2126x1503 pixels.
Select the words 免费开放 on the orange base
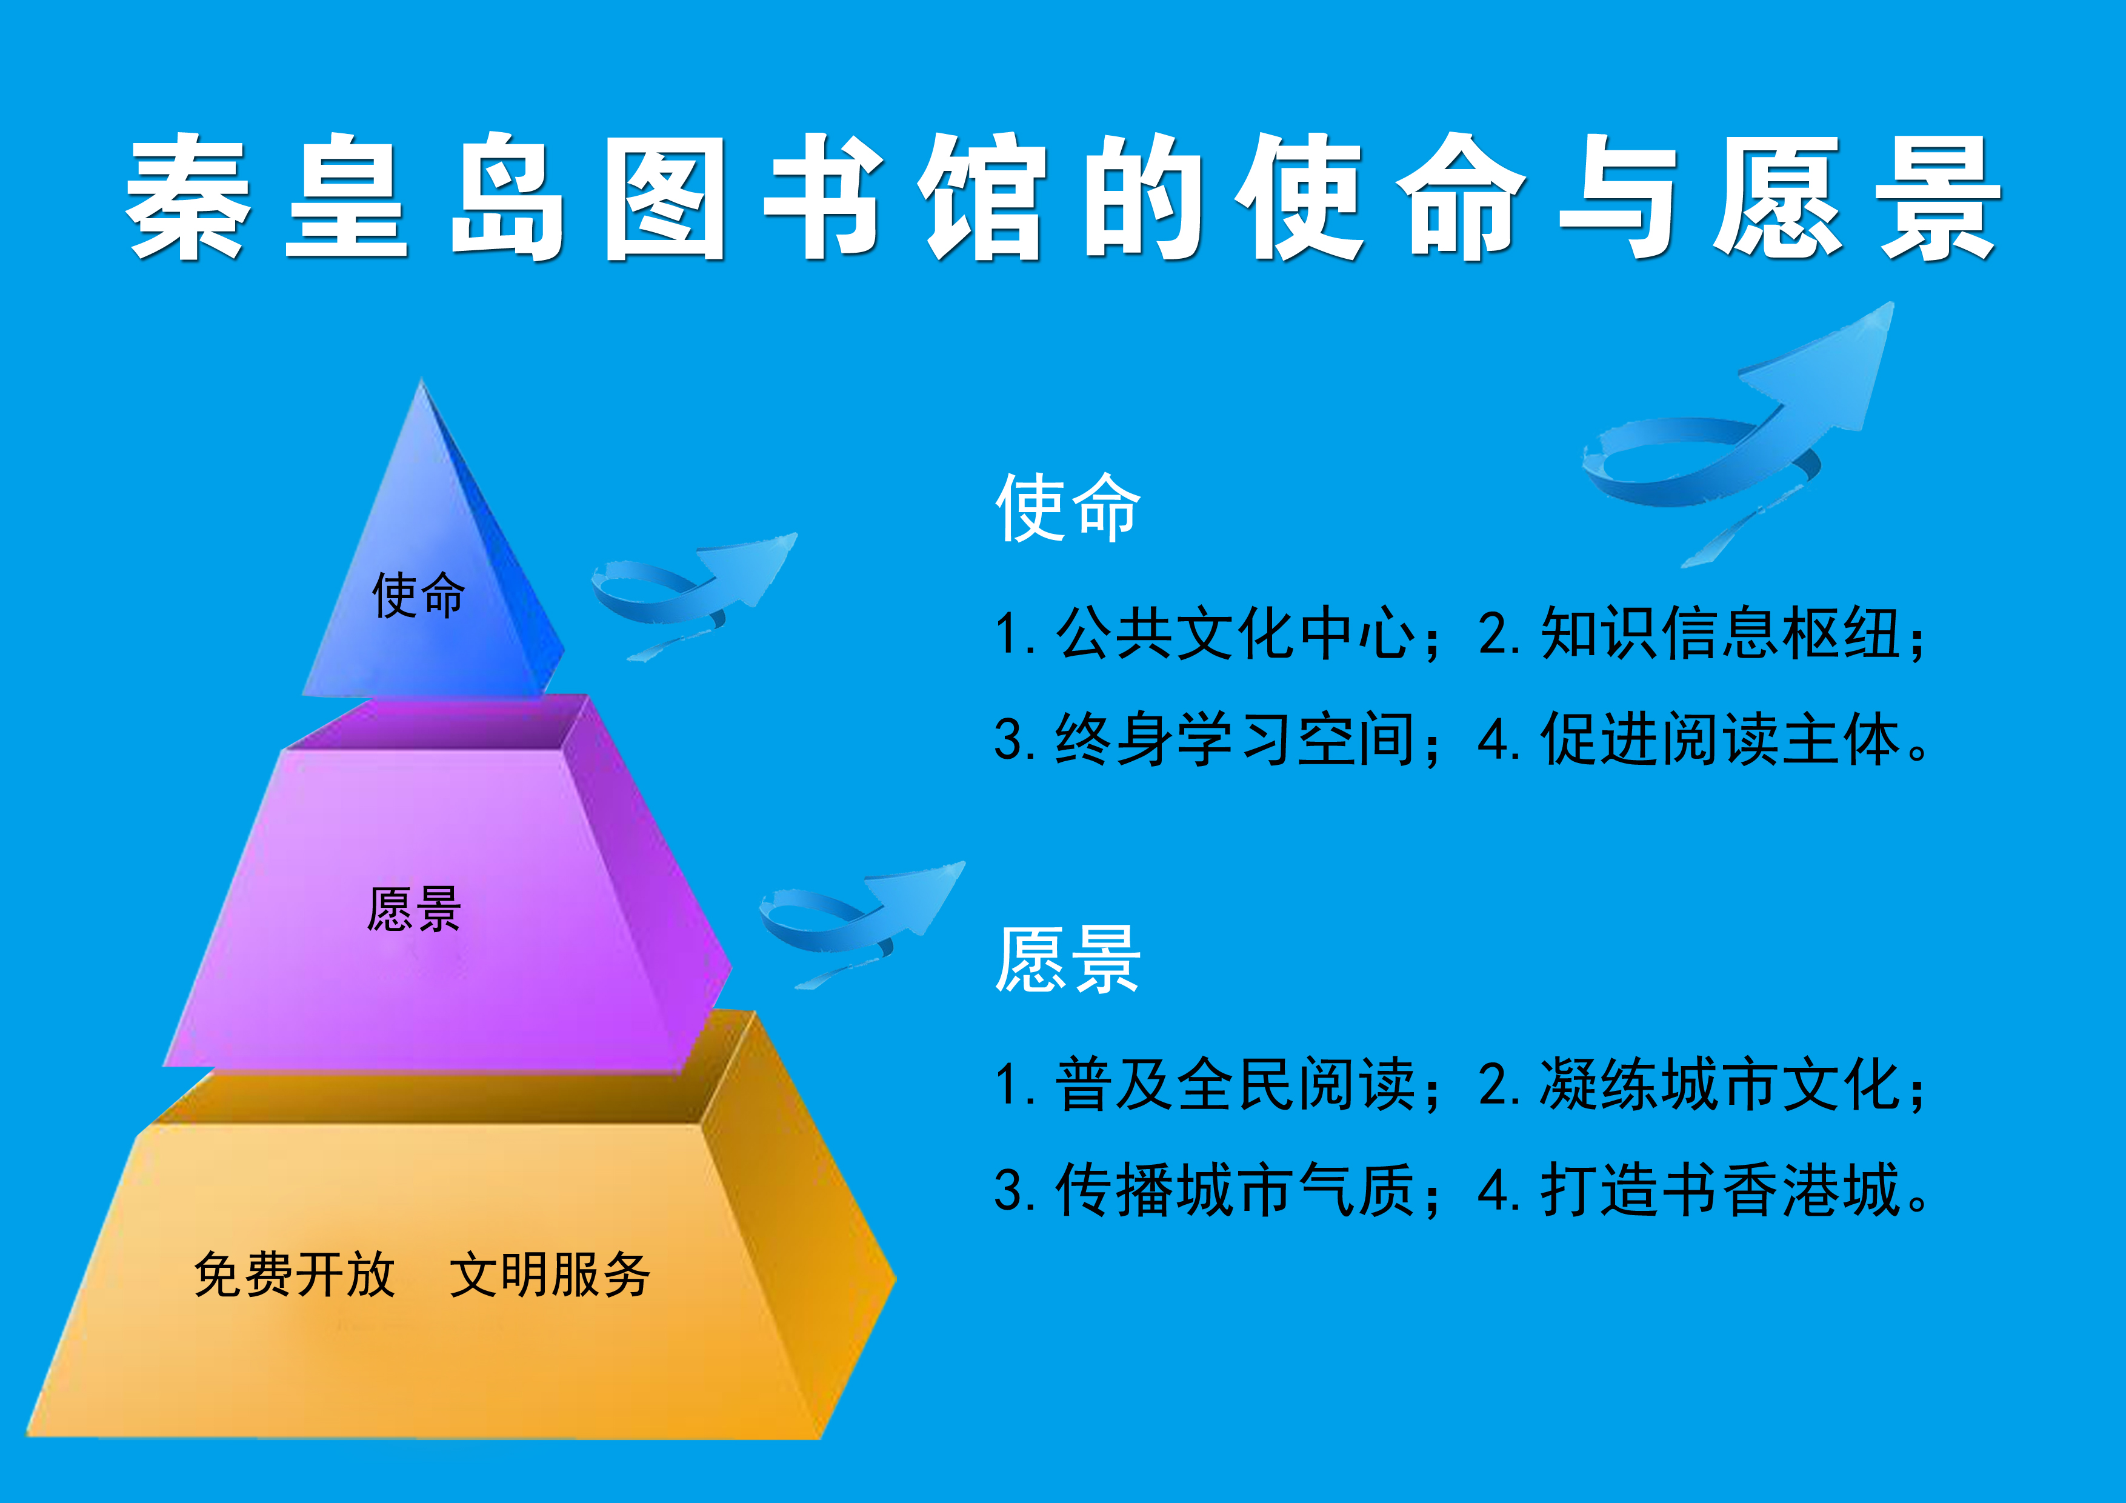(295, 1275)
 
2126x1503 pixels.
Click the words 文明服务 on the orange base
(550, 1275)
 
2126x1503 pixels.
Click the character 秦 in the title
(190, 196)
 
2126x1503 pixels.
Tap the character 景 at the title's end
(1938, 196)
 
